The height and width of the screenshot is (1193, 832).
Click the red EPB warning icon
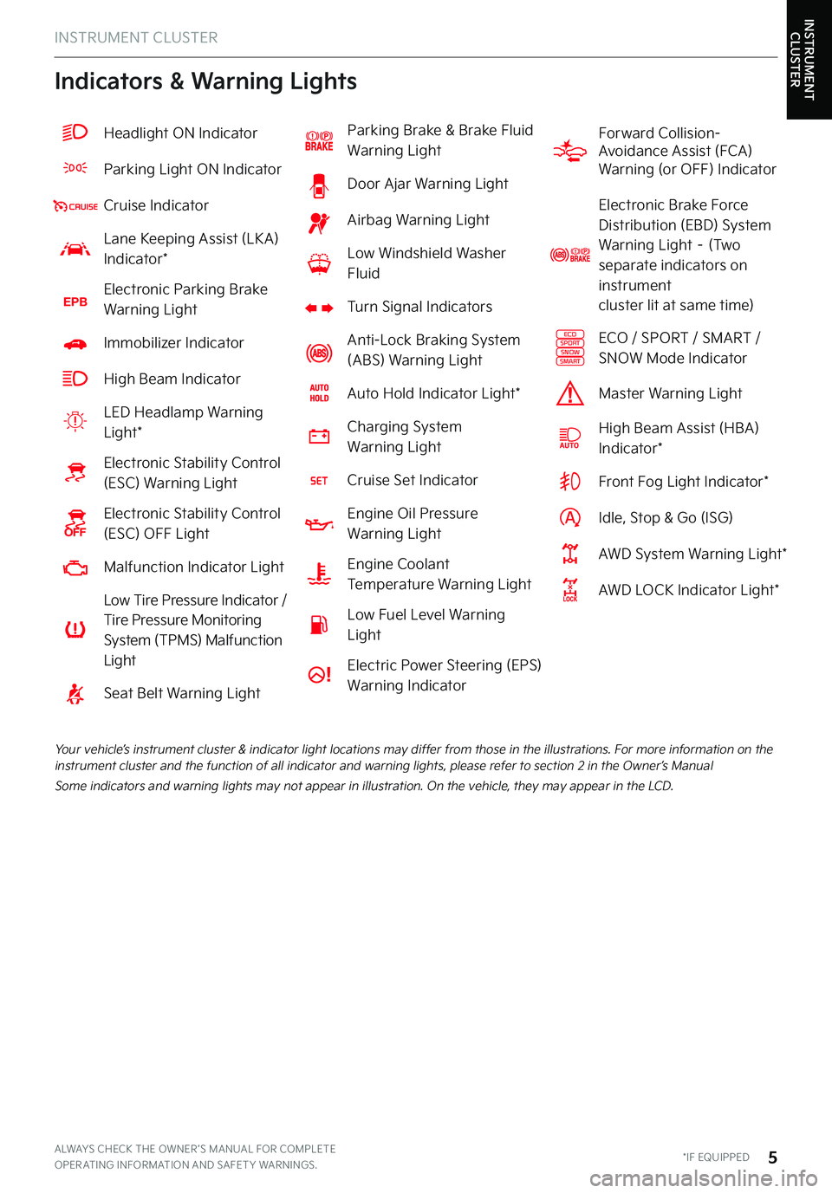[x=75, y=301]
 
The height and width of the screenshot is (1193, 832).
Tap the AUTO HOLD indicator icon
[x=319, y=393]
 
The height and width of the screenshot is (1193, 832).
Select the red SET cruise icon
[x=319, y=481]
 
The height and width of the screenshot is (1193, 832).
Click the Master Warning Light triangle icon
[x=569, y=394]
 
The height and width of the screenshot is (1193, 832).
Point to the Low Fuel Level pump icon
[x=319, y=625]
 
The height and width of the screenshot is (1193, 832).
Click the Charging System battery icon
[x=319, y=437]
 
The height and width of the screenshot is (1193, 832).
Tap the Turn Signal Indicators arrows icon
[x=319, y=308]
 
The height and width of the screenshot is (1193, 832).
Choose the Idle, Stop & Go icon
[x=569, y=518]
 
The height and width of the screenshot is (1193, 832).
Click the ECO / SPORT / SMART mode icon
[x=569, y=348]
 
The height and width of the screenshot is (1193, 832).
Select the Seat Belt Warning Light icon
[x=75, y=694]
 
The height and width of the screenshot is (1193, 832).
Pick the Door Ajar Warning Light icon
[x=319, y=185]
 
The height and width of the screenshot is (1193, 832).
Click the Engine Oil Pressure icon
[x=319, y=524]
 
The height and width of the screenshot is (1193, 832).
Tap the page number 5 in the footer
[x=772, y=1157]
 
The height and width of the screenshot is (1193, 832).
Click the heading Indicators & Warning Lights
[x=205, y=81]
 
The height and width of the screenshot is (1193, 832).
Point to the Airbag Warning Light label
[x=418, y=220]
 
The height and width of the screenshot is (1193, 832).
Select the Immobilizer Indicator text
[x=173, y=343]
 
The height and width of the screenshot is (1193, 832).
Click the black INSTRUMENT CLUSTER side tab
[x=809, y=59]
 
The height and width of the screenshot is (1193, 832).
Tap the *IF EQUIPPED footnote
[x=716, y=1157]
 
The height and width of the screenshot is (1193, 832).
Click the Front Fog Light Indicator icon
[x=569, y=482]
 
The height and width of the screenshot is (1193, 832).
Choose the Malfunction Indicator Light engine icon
[x=75, y=568]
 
